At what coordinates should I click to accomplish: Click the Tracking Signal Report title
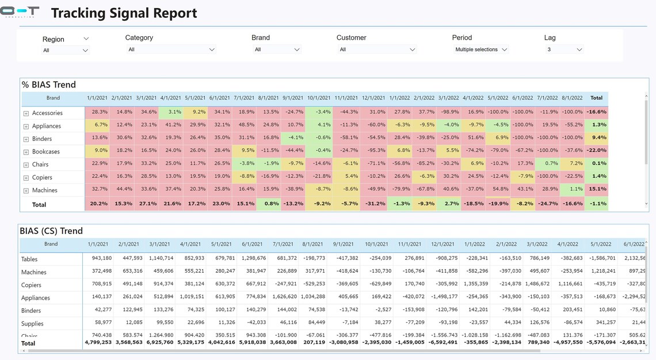[x=124, y=13]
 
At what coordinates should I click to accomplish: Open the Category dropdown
[x=171, y=49]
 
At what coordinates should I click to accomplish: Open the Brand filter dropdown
[x=277, y=49]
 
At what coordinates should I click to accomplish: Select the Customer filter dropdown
[x=377, y=49]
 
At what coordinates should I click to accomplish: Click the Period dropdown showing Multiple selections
[x=481, y=49]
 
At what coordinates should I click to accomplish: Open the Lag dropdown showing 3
[x=565, y=49]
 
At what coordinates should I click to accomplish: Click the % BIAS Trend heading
[x=49, y=85]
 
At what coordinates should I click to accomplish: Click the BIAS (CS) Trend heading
[x=51, y=231]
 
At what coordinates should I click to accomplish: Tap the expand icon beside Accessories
[x=26, y=113]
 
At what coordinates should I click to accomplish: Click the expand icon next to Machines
[x=26, y=191]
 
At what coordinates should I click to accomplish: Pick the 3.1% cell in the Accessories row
[x=171, y=112]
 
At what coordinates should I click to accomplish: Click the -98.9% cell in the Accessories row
[x=448, y=112]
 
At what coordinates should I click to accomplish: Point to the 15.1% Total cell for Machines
[x=597, y=189]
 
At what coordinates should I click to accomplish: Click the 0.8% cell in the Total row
[x=269, y=204]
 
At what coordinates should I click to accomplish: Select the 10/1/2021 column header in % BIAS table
[x=319, y=98]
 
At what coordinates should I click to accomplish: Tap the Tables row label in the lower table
[x=31, y=259]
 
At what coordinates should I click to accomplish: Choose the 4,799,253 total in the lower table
[x=98, y=342]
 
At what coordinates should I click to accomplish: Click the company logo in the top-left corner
[x=20, y=12]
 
